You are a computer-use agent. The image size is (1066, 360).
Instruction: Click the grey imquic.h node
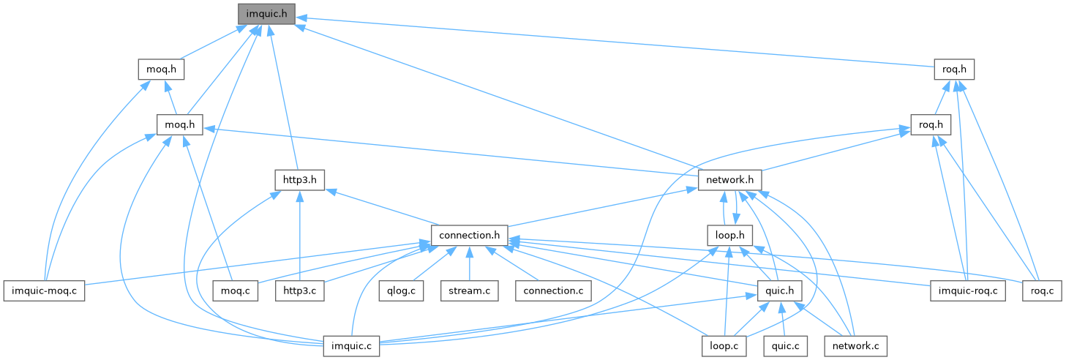pos(266,13)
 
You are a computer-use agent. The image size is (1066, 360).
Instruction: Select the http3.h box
pos(299,179)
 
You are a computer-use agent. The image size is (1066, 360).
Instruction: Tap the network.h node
pos(730,179)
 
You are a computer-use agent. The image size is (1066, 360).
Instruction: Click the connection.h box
pos(470,235)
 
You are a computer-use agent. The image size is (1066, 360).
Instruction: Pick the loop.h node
pos(730,235)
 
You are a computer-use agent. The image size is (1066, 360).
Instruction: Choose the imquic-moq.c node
pos(44,290)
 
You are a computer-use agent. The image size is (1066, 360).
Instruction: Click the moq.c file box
pos(236,290)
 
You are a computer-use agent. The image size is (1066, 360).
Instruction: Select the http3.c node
pos(299,290)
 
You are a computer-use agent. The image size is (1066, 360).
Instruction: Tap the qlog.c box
pos(401,290)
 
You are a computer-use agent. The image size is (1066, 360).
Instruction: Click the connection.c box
pos(553,290)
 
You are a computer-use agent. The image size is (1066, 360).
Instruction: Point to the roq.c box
pos(1041,290)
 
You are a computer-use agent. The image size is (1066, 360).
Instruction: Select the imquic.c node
pos(351,345)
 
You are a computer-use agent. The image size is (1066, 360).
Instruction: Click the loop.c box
pos(724,345)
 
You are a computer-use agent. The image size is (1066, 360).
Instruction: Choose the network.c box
pos(855,345)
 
